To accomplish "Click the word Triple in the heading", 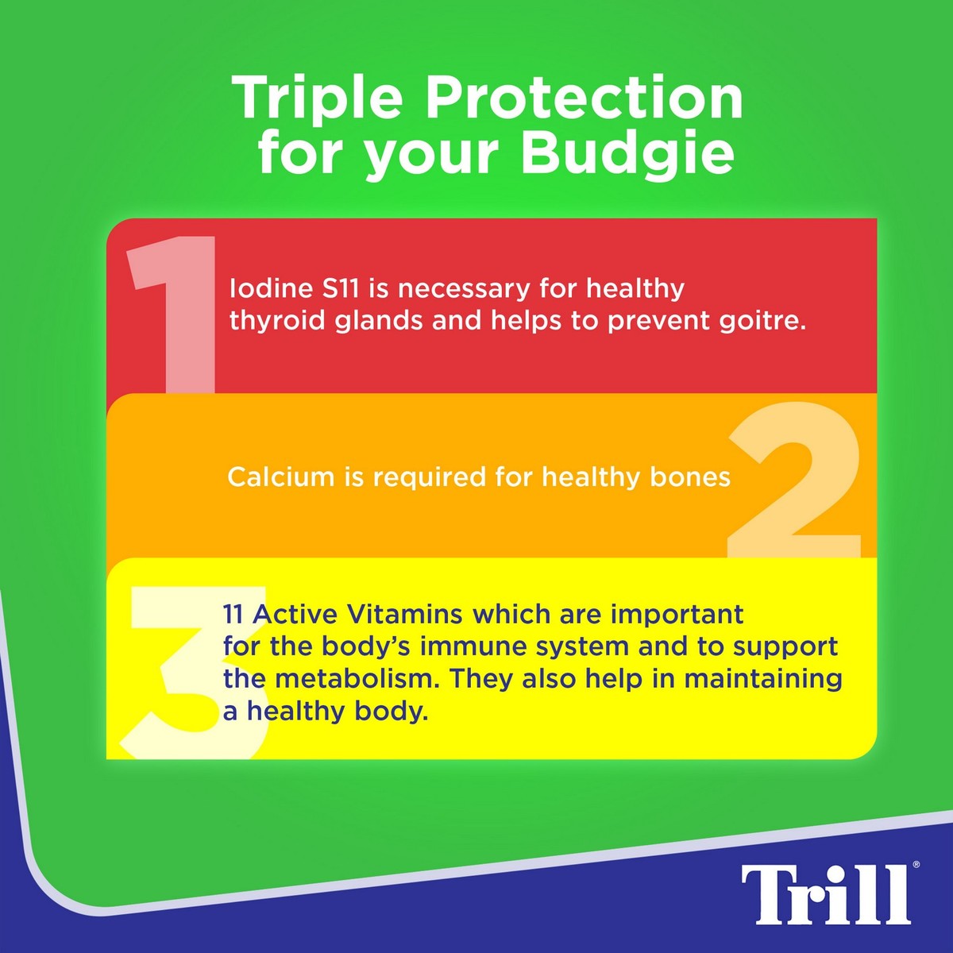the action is pos(316,99).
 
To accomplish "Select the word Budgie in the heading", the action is pos(627,154).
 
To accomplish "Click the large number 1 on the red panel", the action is pos(172,314).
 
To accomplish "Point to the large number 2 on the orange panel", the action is pos(794,480).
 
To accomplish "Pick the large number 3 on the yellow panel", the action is pos(195,672).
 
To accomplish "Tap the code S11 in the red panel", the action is pos(340,289).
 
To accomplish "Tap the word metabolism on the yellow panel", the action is pos(357,679).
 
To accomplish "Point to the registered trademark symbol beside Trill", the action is pos(916,865).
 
